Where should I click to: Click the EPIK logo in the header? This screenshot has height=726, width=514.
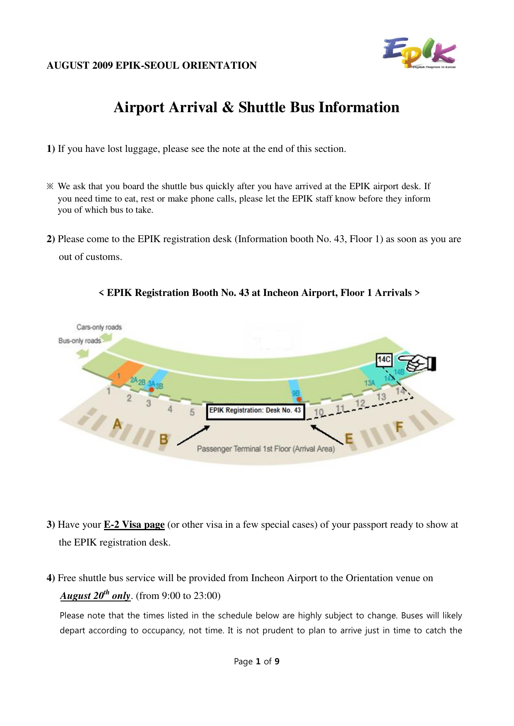click(x=419, y=53)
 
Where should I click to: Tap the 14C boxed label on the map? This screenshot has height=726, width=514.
click(x=384, y=359)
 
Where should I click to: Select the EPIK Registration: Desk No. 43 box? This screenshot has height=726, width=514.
click(x=256, y=411)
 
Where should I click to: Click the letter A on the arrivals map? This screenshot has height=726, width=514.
click(x=118, y=424)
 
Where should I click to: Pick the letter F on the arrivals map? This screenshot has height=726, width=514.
click(x=399, y=427)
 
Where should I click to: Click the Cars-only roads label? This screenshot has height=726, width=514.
click(x=99, y=327)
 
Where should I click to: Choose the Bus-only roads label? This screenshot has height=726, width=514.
click(x=80, y=341)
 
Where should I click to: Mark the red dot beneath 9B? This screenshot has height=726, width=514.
click(x=299, y=399)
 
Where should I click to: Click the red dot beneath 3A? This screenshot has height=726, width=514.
click(x=152, y=389)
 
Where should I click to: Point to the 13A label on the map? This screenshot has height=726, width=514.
click(x=369, y=383)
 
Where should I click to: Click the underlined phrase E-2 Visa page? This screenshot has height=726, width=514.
click(x=134, y=524)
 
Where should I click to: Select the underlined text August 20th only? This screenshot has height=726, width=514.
click(x=95, y=596)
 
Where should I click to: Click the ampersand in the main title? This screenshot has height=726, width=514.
click(x=228, y=107)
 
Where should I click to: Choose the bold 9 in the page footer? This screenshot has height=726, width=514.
click(x=277, y=661)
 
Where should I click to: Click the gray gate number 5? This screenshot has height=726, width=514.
click(x=192, y=412)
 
